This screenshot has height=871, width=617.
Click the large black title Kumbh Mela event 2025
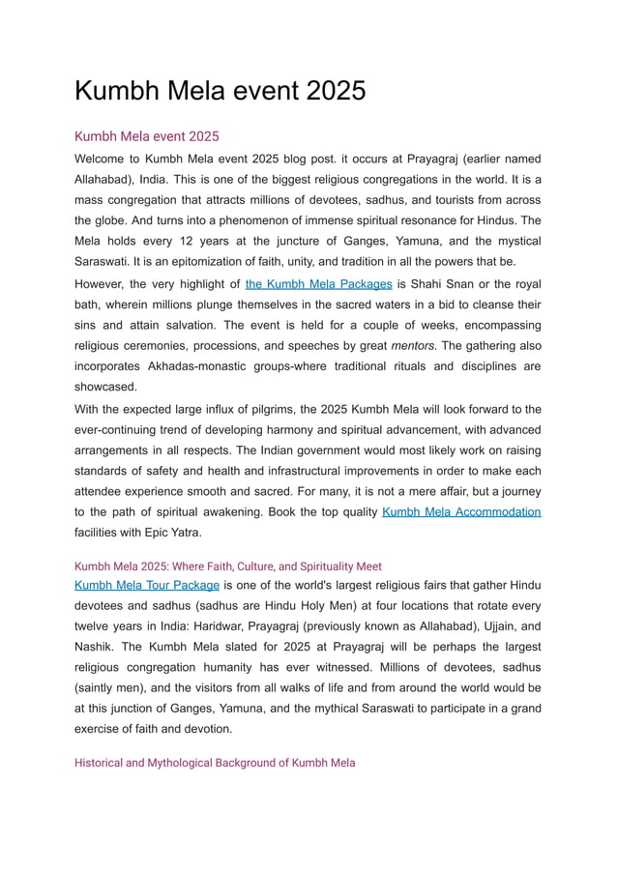coord(220,91)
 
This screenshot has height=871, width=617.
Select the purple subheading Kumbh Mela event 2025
coord(147,136)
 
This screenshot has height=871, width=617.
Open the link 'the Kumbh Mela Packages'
coord(318,284)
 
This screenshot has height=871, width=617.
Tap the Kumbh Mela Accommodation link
coord(461,511)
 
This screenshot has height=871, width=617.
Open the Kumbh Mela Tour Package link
coord(147,585)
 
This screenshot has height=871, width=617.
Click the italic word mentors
coord(415,346)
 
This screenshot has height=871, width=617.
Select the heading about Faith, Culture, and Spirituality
coord(228,566)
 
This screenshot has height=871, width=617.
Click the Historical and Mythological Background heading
coord(215,763)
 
